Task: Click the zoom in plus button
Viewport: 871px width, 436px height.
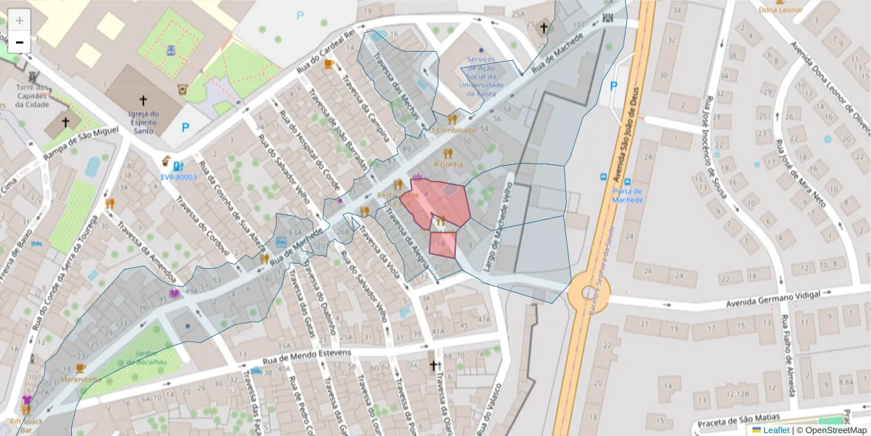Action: [20, 20]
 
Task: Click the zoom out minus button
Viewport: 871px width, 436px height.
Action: [20, 41]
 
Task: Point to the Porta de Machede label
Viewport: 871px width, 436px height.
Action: [627, 195]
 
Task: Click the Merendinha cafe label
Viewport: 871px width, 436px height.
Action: [81, 379]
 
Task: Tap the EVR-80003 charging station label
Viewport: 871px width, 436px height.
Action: [179, 177]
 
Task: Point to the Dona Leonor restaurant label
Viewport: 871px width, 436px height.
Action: [780, 9]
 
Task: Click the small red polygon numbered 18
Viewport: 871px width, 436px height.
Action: [442, 245]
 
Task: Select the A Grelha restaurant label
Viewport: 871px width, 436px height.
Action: [448, 164]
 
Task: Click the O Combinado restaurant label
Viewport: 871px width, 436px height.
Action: [453, 130]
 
